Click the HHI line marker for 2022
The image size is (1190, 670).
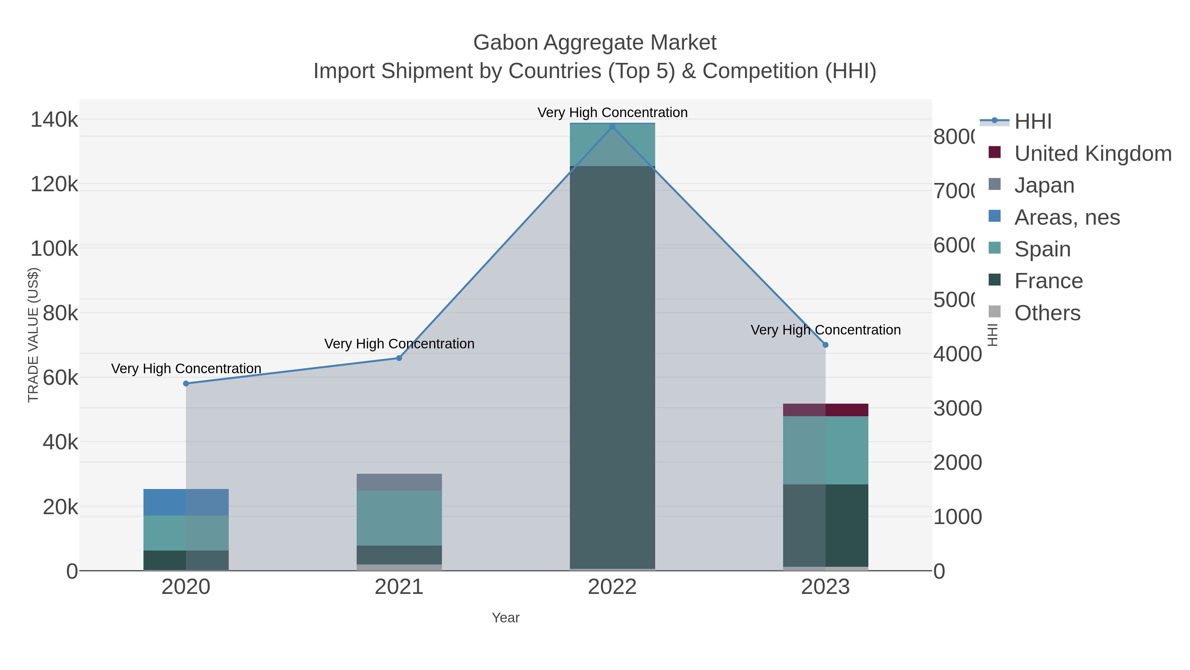tap(612, 126)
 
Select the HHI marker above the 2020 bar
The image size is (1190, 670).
tap(186, 383)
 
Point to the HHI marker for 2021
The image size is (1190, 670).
tap(399, 358)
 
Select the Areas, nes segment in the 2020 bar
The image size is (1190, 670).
tap(186, 502)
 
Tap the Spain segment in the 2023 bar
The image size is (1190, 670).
tap(825, 450)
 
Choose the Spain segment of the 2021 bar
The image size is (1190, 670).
tap(399, 518)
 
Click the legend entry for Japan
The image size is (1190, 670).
tap(1044, 185)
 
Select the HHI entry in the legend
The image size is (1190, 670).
tap(1033, 122)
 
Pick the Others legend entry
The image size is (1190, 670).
tap(1047, 313)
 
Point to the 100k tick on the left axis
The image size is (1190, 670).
tap(54, 249)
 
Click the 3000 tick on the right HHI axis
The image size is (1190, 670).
tap(957, 408)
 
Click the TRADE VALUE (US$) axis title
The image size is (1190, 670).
tap(33, 335)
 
